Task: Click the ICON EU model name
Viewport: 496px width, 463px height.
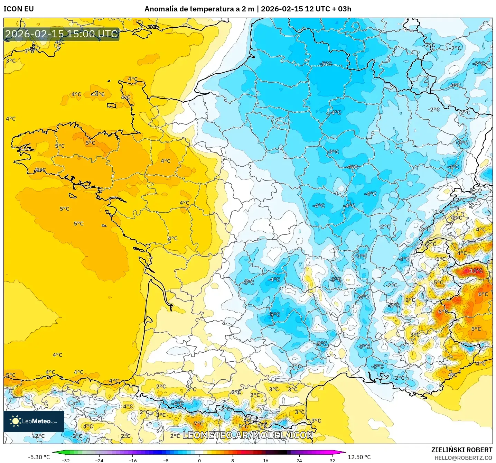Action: click(19, 9)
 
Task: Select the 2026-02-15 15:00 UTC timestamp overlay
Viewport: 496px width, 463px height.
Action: click(62, 34)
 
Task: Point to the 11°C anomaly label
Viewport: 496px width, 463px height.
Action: click(476, 271)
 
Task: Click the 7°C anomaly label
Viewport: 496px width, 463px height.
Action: click(198, 424)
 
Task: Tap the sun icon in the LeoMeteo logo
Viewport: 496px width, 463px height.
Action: click(15, 421)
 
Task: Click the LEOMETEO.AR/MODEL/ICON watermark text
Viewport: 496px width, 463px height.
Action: click(248, 435)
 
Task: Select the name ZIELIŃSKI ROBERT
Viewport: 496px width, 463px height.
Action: click(461, 450)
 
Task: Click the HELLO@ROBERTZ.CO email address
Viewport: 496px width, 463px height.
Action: click(463, 458)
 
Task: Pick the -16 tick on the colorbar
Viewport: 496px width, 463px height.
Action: click(132, 460)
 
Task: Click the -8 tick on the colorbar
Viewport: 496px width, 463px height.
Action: click(166, 460)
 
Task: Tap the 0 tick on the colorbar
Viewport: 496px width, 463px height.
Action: click(199, 460)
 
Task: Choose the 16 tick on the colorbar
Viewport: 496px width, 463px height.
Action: click(265, 460)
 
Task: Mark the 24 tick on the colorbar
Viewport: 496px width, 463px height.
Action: click(299, 460)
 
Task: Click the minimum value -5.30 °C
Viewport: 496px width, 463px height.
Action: click(39, 457)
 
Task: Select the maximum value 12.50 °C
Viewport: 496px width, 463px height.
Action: click(359, 457)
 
